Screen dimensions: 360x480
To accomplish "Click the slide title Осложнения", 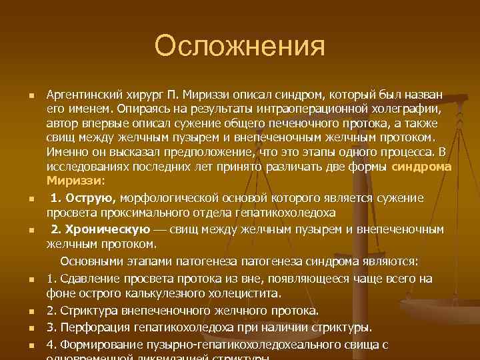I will click(239, 47).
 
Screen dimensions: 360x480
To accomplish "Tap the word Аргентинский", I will click(84, 94).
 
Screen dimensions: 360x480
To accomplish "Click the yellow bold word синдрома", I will click(421, 167).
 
